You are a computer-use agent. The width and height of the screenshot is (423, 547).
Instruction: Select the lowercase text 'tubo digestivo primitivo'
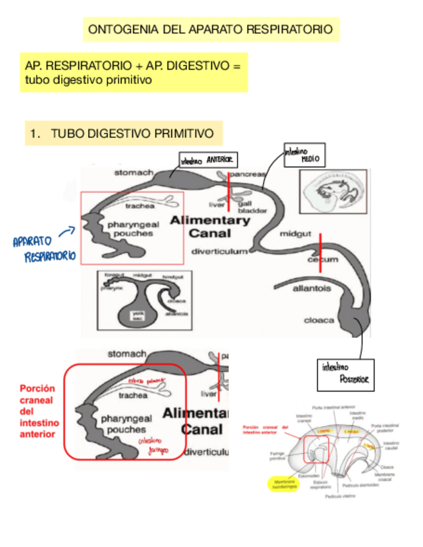(88, 80)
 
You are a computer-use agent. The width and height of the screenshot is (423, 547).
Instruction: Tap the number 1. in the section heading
(35, 134)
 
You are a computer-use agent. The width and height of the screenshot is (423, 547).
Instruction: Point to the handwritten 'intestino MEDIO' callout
(302, 155)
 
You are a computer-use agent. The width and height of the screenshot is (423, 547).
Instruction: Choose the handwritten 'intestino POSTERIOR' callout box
(344, 373)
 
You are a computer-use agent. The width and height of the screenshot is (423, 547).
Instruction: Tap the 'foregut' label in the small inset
(113, 275)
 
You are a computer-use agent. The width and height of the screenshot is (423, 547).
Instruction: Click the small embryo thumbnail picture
(333, 191)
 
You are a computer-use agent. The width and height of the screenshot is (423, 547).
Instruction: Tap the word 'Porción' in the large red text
(37, 389)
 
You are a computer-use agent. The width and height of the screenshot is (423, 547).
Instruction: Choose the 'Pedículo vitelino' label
(340, 497)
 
